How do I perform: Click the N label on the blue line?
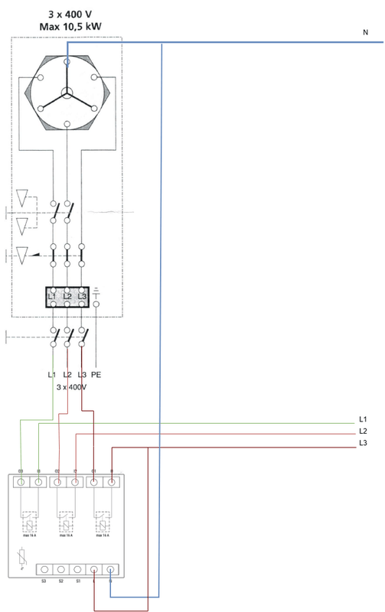tap(365, 33)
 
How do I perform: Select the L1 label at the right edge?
tap(364, 420)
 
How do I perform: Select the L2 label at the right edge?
tap(364, 431)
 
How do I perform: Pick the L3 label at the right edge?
tap(364, 443)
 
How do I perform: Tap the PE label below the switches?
tap(96, 374)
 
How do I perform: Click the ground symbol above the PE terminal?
tap(96, 291)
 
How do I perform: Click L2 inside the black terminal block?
tap(67, 295)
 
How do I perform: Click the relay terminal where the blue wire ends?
tap(111, 570)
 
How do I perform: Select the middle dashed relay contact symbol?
tap(67, 524)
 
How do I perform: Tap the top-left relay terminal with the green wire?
tap(21, 483)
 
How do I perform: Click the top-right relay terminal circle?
tap(112, 483)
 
